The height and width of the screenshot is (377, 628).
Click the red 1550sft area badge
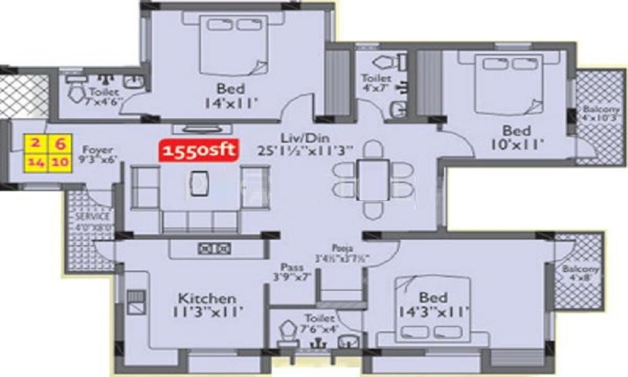pyautogui.click(x=198, y=151)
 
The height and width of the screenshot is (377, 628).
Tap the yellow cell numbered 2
pyautogui.click(x=35, y=143)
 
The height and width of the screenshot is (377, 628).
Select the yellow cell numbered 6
pyautogui.click(x=60, y=143)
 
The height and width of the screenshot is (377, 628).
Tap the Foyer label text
pyautogui.click(x=97, y=150)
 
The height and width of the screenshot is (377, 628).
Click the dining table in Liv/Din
pyautogui.click(x=373, y=180)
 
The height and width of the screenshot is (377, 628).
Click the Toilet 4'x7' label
pyautogui.click(x=376, y=83)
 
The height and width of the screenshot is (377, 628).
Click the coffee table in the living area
pyautogui.click(x=199, y=183)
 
